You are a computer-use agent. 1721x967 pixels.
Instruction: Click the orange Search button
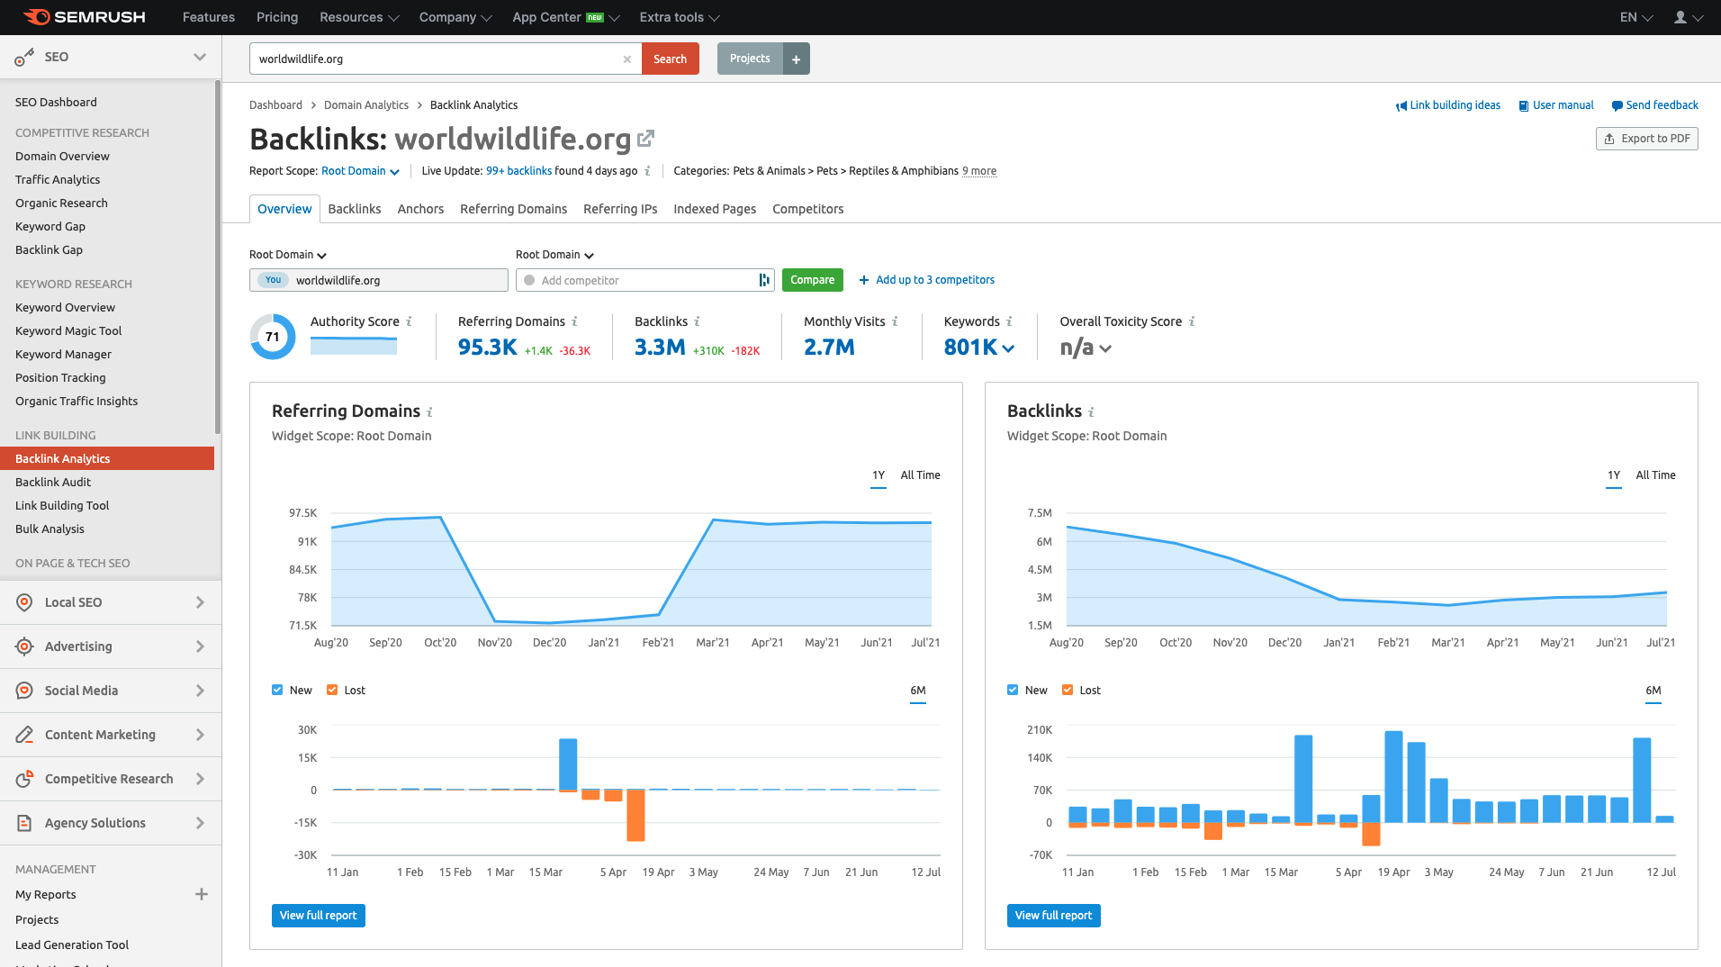pyautogui.click(x=670, y=59)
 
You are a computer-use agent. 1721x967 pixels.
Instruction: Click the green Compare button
pyautogui.click(x=812, y=280)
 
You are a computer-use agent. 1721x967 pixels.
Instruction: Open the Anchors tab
pyautogui.click(x=420, y=209)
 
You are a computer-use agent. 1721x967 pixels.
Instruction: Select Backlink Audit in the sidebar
pyautogui.click(x=53, y=482)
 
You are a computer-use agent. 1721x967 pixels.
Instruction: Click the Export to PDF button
pyautogui.click(x=1646, y=139)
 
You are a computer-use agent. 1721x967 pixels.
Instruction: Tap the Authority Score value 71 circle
pyautogui.click(x=272, y=337)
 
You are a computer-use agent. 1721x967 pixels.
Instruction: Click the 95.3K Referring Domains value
pyautogui.click(x=487, y=348)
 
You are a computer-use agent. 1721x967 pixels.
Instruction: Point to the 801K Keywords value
pyautogui.click(x=970, y=348)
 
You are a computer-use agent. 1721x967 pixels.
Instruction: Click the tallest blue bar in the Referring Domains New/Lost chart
pyautogui.click(x=568, y=764)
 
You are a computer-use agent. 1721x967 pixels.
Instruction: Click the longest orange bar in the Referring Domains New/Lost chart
pyautogui.click(x=635, y=815)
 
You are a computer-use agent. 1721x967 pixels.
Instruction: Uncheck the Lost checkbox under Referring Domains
pyautogui.click(x=332, y=690)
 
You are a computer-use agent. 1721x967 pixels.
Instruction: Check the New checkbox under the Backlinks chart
pyautogui.click(x=1013, y=690)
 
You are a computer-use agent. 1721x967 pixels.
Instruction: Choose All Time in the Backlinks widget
pyautogui.click(x=1655, y=475)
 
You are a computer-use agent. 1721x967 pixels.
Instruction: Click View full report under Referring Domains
pyautogui.click(x=318, y=916)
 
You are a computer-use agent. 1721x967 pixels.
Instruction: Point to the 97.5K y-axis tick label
pyautogui.click(x=302, y=513)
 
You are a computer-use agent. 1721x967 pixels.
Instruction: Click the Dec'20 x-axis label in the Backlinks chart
pyautogui.click(x=1284, y=643)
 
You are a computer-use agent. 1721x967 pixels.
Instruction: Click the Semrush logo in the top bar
pyautogui.click(x=85, y=17)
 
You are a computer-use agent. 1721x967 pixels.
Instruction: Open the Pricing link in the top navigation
pyautogui.click(x=277, y=17)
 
